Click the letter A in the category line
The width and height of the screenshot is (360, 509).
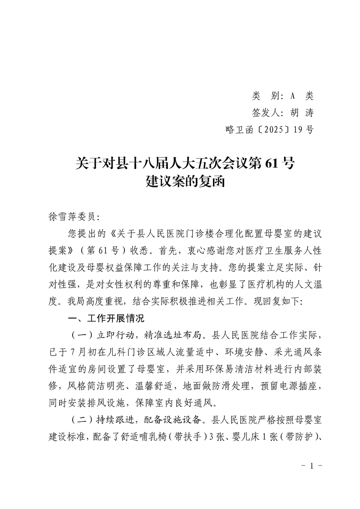292,96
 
